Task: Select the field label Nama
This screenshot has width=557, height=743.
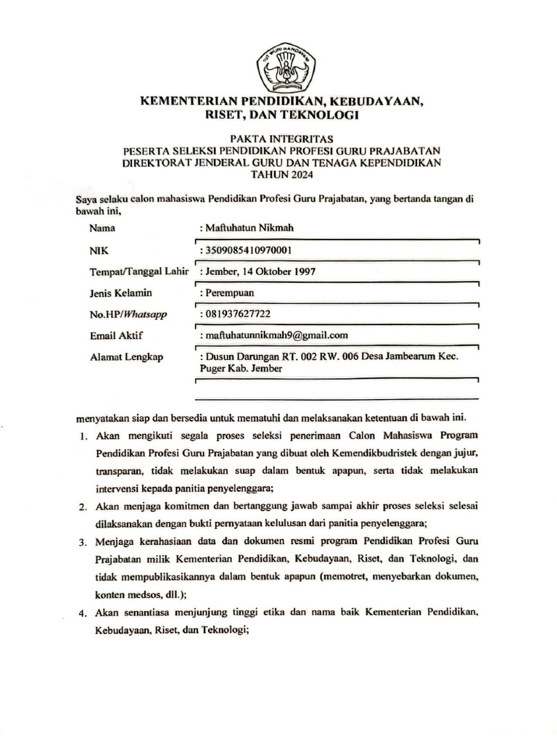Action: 103,228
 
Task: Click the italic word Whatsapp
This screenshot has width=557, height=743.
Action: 146,315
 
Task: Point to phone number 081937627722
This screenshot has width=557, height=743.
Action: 238,315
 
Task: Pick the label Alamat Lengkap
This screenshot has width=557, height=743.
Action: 125,357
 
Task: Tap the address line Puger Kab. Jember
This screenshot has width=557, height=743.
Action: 240,368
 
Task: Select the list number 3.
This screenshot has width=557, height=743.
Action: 83,542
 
